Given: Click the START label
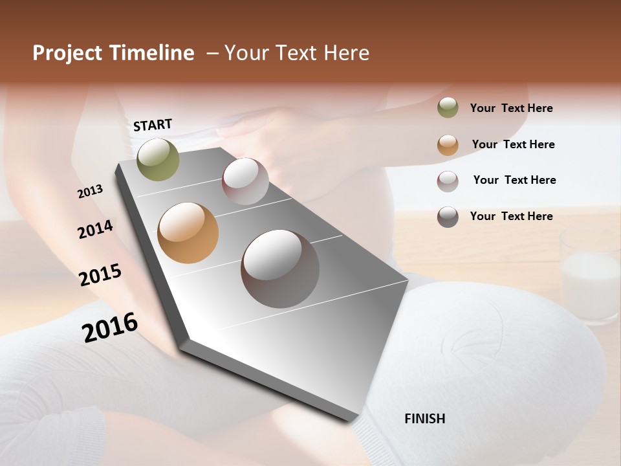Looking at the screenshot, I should point(153,125).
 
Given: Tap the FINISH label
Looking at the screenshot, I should point(424,419).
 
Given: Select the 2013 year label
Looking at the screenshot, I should point(91,192).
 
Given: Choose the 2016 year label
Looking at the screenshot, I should point(110,327).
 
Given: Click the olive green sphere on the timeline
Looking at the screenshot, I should point(158,159).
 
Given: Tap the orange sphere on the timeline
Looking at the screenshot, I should point(188,233).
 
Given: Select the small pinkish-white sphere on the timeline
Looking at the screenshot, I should point(245,181).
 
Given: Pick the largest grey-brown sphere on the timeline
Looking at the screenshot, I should point(280,269).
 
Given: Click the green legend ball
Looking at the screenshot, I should point(448,108).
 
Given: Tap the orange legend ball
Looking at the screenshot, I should point(448,145).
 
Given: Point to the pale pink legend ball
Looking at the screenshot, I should point(448,181).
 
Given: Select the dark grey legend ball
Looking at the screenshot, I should point(448,217).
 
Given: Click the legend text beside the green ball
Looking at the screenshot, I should point(511,108).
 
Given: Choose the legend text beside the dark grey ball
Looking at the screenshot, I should point(511,216).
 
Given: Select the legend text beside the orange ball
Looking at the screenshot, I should point(513,144).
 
